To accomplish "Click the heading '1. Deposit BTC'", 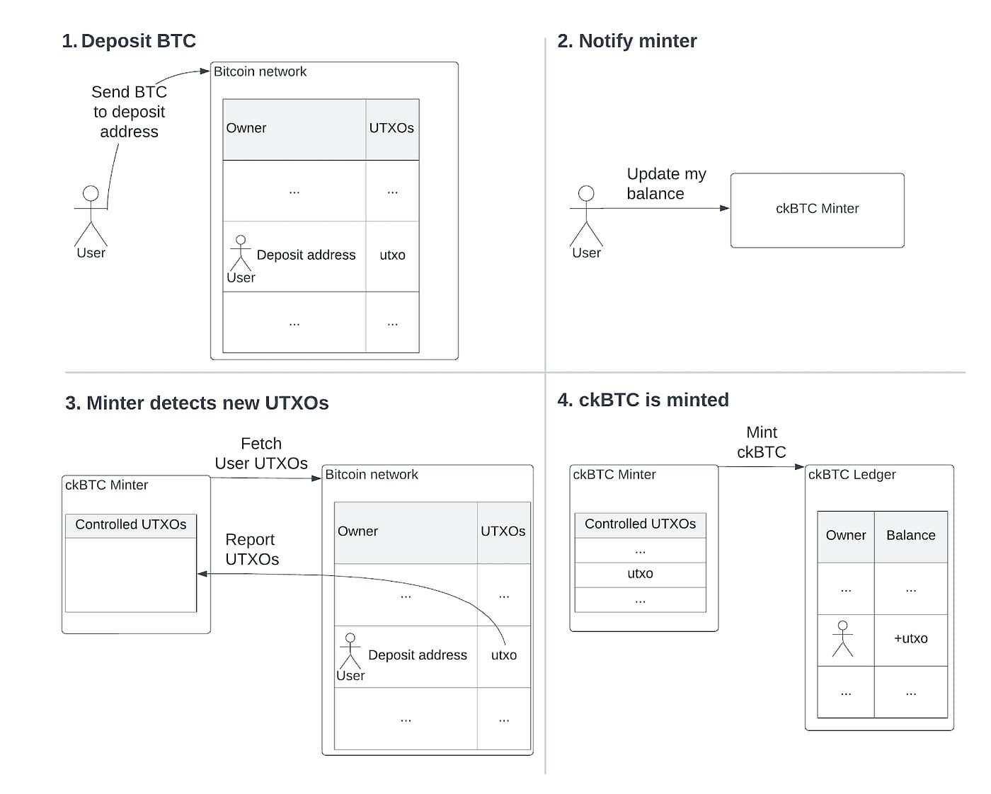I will [129, 41].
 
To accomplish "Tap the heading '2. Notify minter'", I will [626, 41].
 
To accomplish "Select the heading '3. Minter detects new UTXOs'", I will [197, 403].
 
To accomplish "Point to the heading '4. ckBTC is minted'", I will [643, 400].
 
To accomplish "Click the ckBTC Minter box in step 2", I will [817, 210].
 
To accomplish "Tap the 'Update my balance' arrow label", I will [666, 184].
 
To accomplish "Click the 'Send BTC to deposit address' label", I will [129, 112].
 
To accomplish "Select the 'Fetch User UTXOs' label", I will [261, 454].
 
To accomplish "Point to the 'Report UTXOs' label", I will [251, 549].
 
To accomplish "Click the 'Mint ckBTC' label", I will [761, 442].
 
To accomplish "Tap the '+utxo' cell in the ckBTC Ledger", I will [910, 638].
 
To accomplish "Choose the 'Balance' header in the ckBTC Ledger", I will [910, 536].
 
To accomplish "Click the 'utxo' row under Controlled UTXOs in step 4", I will [640, 574].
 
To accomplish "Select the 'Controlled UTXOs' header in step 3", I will [131, 525].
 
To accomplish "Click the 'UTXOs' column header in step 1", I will [391, 129].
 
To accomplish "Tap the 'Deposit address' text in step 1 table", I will [306, 255].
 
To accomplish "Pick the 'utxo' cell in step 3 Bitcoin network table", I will [503, 655].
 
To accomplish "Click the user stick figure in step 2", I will [586, 216].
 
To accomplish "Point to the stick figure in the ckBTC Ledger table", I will [842, 638].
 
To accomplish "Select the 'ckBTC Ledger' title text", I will [852, 475].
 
